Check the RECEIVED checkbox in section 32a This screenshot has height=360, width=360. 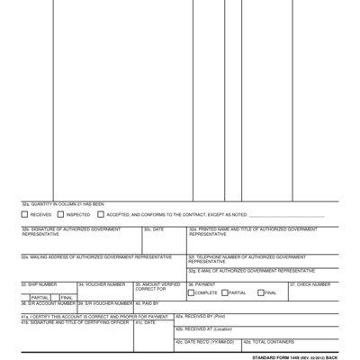click(25, 215)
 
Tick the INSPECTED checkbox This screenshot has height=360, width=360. click(61, 215)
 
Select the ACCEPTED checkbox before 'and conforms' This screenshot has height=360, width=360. click(101, 215)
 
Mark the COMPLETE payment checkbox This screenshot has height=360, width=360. click(191, 292)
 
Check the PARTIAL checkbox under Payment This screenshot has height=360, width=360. click(225, 292)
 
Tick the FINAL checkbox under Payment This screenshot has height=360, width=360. click(260, 292)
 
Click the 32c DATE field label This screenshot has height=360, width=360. click(154, 229)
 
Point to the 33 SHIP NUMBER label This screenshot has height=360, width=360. click(39, 284)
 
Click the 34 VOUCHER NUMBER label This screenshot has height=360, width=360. click(101, 284)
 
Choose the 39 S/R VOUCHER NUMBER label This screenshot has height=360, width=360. click(105, 304)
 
